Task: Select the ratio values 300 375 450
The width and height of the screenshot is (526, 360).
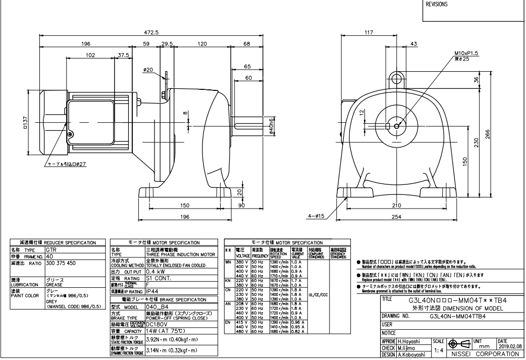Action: pyautogui.click(x=61, y=263)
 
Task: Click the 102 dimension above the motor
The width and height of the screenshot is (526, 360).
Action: pyautogui.click(x=90, y=55)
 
